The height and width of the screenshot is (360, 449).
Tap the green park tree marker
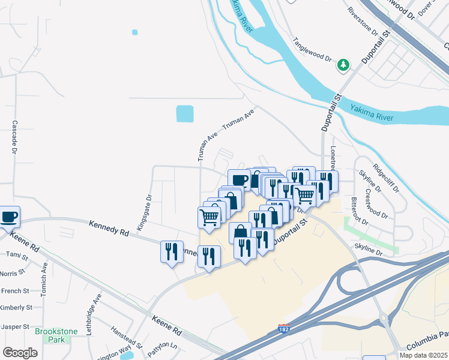point(343,64)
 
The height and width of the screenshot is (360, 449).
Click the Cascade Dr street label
point(14,137)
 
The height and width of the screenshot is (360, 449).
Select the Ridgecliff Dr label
point(385,178)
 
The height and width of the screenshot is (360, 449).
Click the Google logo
point(20,353)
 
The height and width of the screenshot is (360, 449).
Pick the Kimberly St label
point(16,307)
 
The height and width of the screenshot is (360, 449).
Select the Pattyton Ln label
point(166,346)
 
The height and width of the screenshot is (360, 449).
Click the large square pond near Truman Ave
point(185,113)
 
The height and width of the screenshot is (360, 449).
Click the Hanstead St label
point(126,338)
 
